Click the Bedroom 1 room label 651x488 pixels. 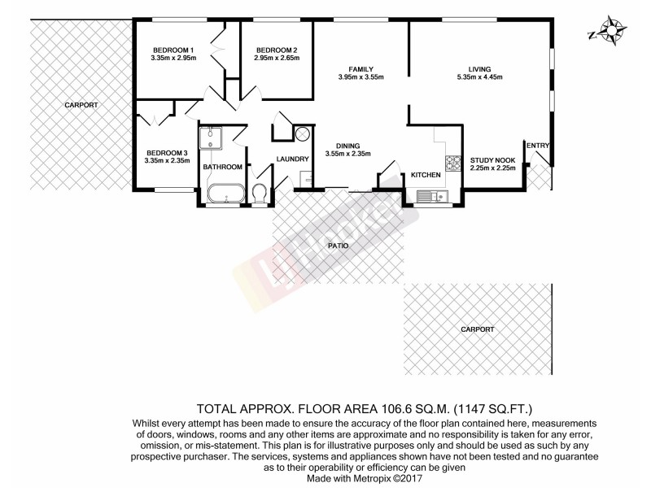point(173,49)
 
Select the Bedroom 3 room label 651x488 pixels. point(167,152)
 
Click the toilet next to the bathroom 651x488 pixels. point(260,194)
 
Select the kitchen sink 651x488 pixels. point(427,195)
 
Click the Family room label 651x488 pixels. point(360,68)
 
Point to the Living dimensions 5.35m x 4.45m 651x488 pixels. point(479,78)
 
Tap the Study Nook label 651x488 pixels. point(492,159)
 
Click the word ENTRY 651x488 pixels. point(539,146)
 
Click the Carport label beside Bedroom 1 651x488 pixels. point(81,105)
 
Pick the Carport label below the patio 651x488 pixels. point(478,329)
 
